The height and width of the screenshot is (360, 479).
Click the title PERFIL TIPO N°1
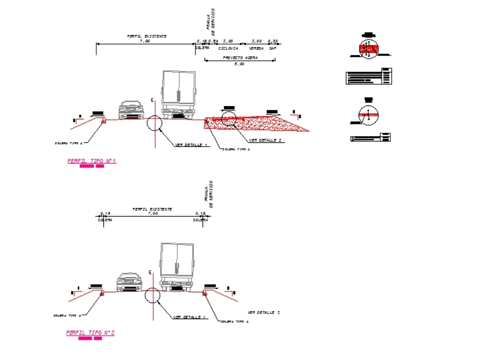pyautogui.click(x=91, y=161)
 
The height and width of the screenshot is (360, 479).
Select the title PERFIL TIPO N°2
pyautogui.click(x=91, y=332)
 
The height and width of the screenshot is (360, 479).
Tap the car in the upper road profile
pyautogui.click(x=131, y=110)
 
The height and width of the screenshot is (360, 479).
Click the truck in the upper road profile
pyautogui.click(x=179, y=94)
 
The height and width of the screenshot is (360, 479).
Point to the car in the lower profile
pyautogui.click(x=130, y=282)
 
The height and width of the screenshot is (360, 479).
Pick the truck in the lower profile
pyautogui.click(x=177, y=267)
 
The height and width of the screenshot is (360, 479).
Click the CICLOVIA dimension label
pyautogui.click(x=228, y=48)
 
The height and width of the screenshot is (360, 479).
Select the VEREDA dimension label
pyautogui.click(x=256, y=48)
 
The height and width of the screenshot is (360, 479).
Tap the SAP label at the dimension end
pyautogui.click(x=273, y=48)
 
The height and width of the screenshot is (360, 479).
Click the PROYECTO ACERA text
pyautogui.click(x=240, y=58)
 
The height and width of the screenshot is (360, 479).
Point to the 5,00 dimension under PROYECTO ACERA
pyautogui.click(x=239, y=64)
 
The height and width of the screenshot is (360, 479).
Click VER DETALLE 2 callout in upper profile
pyautogui.click(x=265, y=140)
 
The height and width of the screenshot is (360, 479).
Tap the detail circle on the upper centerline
pyautogui.click(x=155, y=123)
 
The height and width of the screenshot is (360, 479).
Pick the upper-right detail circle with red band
pyautogui.click(x=369, y=48)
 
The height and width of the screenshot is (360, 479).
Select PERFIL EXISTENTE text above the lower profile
pyautogui.click(x=152, y=209)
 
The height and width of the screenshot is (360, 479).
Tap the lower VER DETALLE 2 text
pyautogui.click(x=263, y=313)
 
